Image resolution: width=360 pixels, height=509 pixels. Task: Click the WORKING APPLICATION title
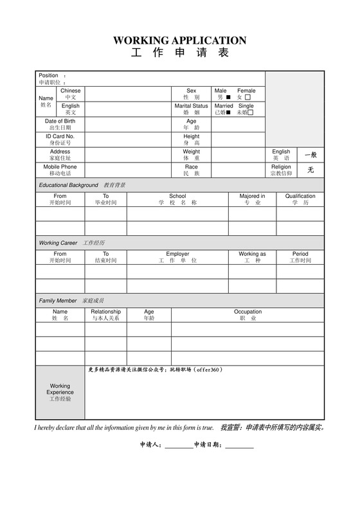point(179,40)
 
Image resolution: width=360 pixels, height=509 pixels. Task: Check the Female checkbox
point(248,97)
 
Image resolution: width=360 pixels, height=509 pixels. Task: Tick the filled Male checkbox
point(228,97)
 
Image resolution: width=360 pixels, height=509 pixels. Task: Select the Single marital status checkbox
point(251,112)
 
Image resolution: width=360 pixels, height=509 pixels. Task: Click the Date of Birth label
point(60,121)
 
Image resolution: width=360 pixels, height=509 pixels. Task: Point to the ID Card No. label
point(60,136)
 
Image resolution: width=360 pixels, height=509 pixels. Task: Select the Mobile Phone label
point(60,167)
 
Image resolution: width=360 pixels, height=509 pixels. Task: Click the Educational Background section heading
point(68,185)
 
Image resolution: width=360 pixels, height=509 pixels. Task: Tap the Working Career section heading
point(58,243)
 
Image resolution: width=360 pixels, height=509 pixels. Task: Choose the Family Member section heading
point(58,301)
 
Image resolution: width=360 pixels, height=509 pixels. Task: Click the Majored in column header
point(252,196)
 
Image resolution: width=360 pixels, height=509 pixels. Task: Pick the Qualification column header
point(300,196)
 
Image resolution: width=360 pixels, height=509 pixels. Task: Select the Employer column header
point(177,254)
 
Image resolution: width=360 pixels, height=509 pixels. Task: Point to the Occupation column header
point(248,312)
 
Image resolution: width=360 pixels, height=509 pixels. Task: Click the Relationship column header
point(105,312)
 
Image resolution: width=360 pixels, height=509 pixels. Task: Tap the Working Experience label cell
point(60,392)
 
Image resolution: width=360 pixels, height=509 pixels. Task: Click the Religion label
point(281,167)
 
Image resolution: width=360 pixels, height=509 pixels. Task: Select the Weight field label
point(191,152)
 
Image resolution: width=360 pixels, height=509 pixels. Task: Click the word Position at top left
point(48,75)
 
